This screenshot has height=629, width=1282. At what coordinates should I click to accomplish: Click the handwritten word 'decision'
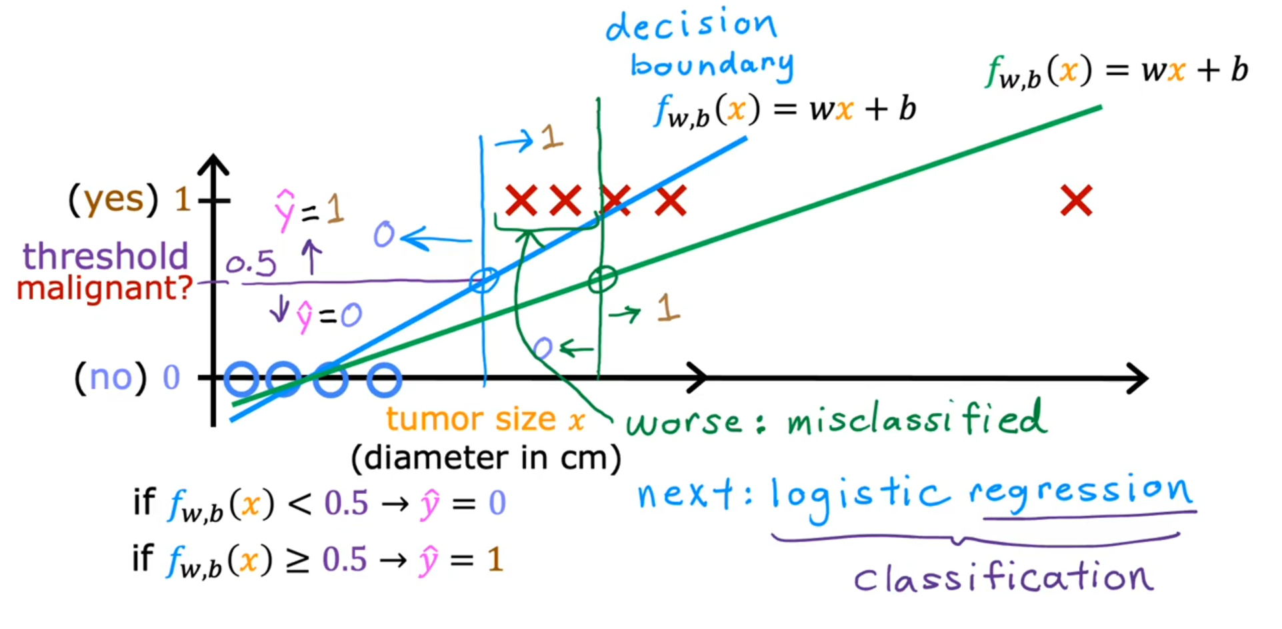[691, 25]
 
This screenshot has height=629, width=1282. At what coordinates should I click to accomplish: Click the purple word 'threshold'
[105, 257]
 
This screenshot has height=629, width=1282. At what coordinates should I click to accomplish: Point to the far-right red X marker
[1076, 201]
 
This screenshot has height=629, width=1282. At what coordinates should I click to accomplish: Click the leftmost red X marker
[521, 201]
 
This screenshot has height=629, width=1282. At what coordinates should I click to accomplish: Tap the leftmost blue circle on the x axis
[241, 379]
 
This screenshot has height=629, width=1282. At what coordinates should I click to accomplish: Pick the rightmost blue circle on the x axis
[384, 379]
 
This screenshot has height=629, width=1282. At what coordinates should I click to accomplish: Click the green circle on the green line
[602, 279]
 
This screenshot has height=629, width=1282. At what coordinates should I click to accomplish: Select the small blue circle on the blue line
[483, 280]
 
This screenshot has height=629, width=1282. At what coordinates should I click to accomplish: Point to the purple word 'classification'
[1003, 577]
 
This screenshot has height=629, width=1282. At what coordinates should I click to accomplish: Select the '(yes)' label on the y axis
[114, 199]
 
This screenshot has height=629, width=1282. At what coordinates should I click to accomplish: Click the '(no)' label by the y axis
[110, 378]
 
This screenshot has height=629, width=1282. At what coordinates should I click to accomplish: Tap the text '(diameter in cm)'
[486, 458]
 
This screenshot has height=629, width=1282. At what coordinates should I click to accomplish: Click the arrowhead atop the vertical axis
[213, 164]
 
